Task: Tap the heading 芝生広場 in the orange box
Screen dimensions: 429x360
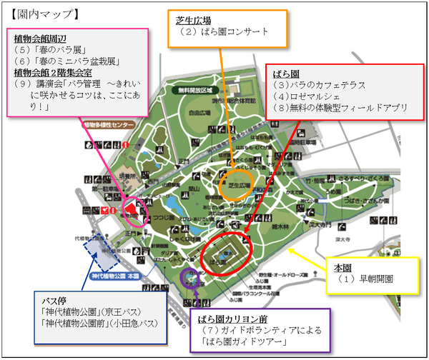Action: [193, 20]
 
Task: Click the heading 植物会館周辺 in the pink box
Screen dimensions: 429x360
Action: [40, 38]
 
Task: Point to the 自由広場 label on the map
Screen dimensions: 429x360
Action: [189, 113]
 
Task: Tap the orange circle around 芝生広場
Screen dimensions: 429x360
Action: [235, 184]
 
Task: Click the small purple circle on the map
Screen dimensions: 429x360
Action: [189, 276]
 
